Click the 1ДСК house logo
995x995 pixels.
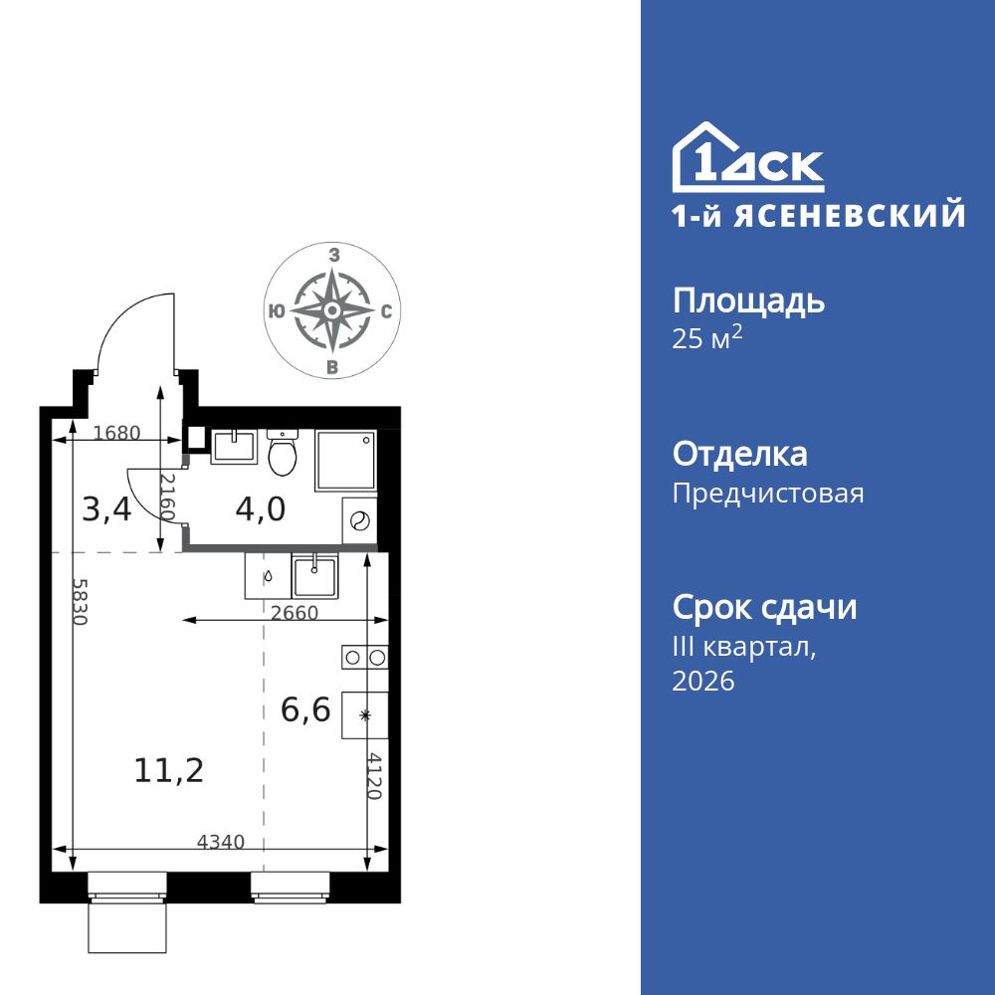click(x=747, y=158)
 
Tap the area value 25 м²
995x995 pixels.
click(x=707, y=338)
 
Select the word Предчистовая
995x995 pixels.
click(x=768, y=494)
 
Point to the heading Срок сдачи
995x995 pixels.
click(x=764, y=606)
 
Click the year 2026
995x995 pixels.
click(x=703, y=682)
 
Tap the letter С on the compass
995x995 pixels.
click(x=385, y=311)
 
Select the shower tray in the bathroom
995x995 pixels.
click(x=345, y=461)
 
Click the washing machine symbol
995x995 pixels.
click(x=360, y=520)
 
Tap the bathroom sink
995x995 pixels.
click(x=234, y=445)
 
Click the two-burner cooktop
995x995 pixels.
click(x=364, y=656)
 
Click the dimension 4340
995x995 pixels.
click(x=221, y=842)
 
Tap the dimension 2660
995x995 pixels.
click(x=295, y=613)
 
